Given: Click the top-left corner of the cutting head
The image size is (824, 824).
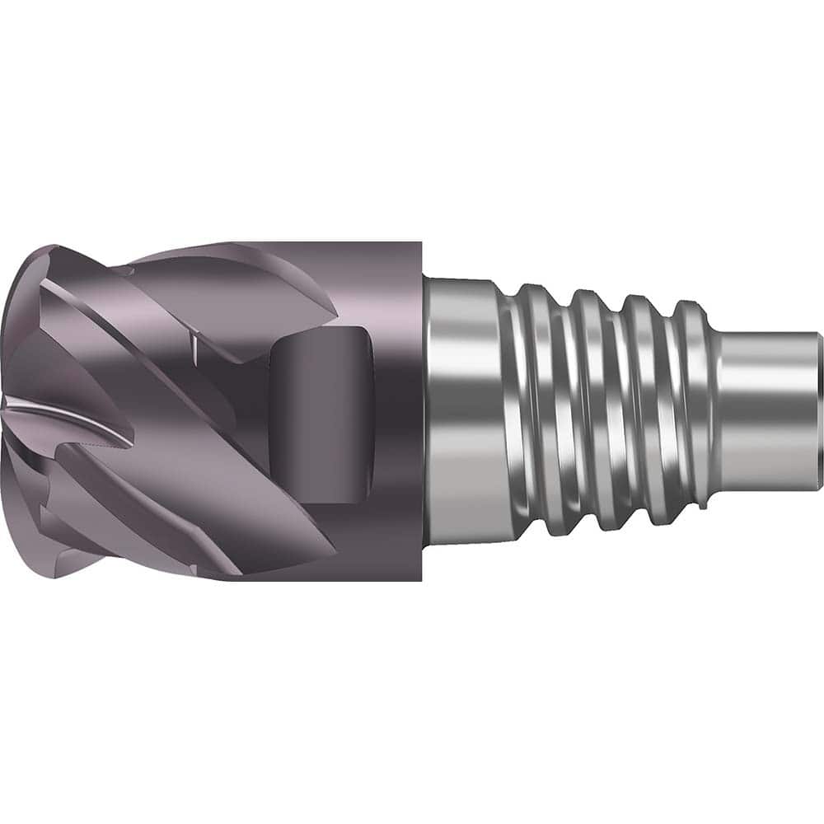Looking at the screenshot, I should click(x=49, y=247).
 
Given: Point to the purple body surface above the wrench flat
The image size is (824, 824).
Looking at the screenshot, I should click(x=371, y=280).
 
